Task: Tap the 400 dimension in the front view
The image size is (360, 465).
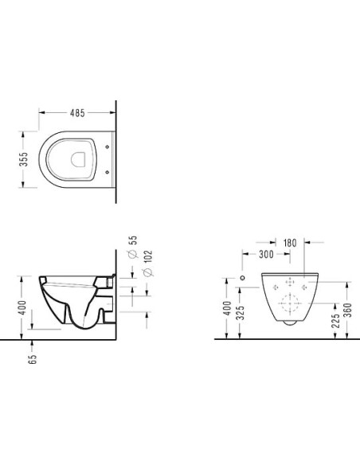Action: click(229, 308)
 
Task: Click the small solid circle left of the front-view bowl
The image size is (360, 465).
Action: click(242, 279)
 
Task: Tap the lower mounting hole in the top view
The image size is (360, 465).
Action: click(108, 170)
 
